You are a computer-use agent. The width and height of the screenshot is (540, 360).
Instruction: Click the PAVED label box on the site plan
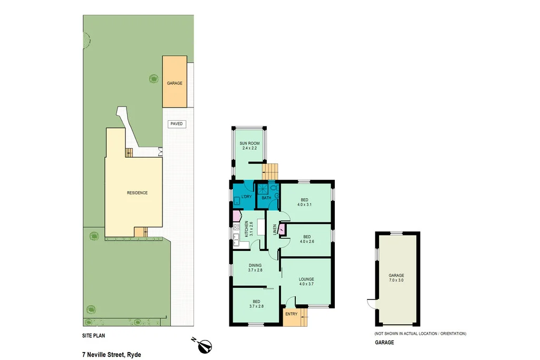(177, 124)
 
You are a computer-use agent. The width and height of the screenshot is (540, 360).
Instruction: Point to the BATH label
(266, 198)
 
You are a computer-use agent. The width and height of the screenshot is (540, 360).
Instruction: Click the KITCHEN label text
(245, 228)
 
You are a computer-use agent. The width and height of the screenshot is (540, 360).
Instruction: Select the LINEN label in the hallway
(274, 229)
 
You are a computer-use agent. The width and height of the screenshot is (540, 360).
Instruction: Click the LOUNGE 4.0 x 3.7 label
(306, 282)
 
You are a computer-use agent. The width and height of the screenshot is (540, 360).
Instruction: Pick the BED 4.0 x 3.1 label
(304, 202)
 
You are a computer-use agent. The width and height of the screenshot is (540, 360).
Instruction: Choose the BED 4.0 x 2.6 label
(306, 239)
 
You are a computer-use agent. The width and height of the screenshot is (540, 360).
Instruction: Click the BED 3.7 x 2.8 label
(255, 303)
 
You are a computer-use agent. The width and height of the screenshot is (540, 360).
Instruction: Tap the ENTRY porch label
(291, 314)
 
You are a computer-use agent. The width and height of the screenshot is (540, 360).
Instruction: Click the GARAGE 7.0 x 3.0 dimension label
(397, 278)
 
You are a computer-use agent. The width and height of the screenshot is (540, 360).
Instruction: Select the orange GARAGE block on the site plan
(175, 82)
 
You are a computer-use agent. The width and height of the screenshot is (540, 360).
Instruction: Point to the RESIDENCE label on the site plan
(137, 193)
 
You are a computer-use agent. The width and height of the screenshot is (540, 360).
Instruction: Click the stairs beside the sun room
(271, 171)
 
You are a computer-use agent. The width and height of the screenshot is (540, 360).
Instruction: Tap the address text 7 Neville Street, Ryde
(111, 355)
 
